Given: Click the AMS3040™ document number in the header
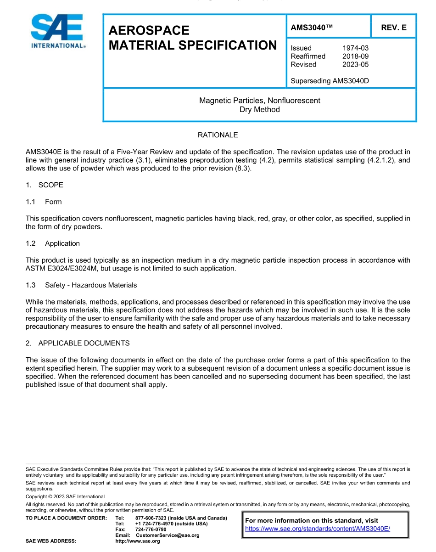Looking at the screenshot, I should tap(311, 28).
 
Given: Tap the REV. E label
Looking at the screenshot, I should tap(393, 28).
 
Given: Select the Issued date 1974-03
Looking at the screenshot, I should tap(355, 48).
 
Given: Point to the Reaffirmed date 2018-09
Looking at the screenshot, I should tap(355, 56).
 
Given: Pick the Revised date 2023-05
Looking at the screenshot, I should tap(355, 64).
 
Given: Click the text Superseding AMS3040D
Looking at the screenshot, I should tap(330, 81).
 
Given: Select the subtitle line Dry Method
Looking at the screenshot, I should tap(259, 109).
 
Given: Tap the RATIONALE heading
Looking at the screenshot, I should tap(218, 135).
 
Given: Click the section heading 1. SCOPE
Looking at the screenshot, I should tap(45, 185).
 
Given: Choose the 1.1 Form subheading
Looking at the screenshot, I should tap(44, 202).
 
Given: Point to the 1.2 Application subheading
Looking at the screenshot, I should tap(53, 243).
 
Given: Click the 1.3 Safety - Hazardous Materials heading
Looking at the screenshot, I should tap(81, 285).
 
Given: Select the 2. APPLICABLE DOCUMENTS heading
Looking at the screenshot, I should tap(78, 343).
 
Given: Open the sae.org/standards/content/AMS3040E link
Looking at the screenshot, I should tap(317, 529).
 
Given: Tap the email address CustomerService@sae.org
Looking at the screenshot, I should tap(168, 535).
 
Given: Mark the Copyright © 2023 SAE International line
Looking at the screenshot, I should tap(65, 496).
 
